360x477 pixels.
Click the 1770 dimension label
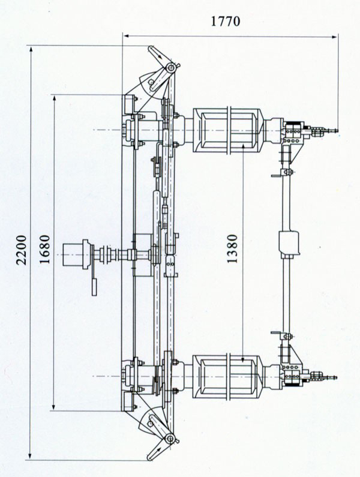tap(226, 21)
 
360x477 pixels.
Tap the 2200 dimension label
tap(22, 250)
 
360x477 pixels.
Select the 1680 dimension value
tap(44, 249)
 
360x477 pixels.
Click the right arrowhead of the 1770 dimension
tap(334, 37)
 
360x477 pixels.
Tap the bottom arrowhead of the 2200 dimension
tap(30, 455)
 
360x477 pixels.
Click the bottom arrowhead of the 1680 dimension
tap(53, 407)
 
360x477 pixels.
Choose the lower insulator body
tap(228, 377)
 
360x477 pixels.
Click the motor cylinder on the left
tap(73, 254)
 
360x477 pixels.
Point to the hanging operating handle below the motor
tap(95, 286)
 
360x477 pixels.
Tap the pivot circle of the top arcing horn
tap(171, 68)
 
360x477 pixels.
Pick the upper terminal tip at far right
tap(336, 131)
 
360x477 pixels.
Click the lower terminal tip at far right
tap(335, 377)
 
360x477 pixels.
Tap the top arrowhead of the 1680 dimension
tap(55, 99)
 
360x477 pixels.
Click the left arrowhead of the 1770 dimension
tap(126, 36)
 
